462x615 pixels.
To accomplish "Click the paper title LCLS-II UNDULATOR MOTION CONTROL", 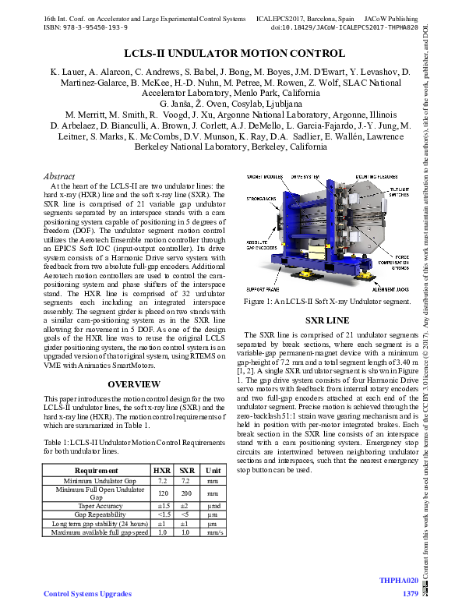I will coord(234,54).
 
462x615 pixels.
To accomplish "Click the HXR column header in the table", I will coord(162,471).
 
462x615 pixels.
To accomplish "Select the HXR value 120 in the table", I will coord(162,493).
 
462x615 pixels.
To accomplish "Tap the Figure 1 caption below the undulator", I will coord(326,301).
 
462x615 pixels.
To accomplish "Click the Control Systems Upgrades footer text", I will coord(88,595).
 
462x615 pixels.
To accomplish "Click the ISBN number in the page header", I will coord(86,27).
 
